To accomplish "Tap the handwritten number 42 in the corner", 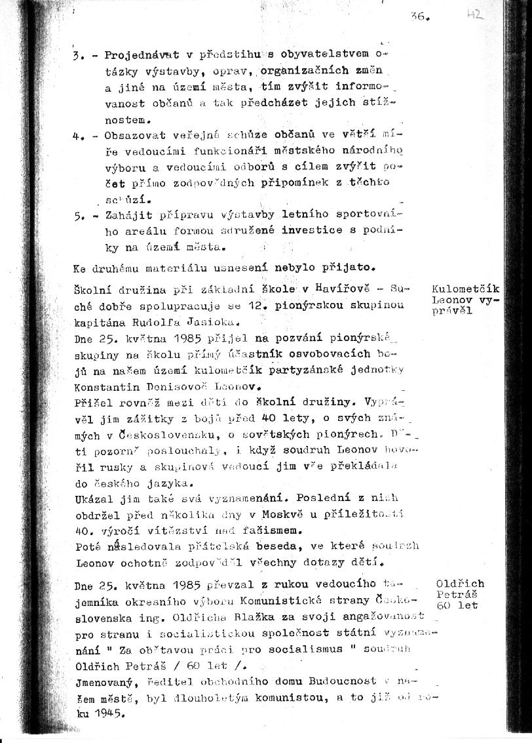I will pos(475,14).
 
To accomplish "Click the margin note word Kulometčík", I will pos(466,289).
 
